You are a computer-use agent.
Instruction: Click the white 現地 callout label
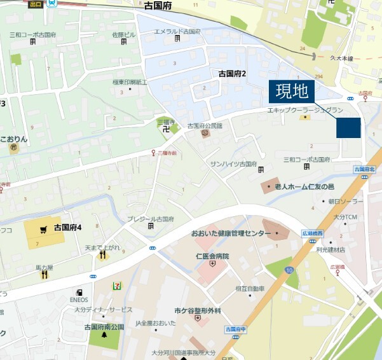(292, 92)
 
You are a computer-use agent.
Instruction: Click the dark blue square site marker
(348, 128)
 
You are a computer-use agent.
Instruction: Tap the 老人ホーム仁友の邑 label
(304, 186)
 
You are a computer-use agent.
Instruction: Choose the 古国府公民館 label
(205, 126)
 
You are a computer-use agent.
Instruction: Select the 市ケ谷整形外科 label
(198, 310)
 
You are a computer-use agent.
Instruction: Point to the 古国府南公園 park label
(104, 327)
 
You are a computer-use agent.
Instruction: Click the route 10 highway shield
(290, 270)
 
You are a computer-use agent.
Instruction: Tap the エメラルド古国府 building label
(177, 31)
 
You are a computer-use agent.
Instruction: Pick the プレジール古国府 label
(150, 219)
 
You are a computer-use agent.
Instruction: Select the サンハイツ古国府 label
(233, 163)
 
